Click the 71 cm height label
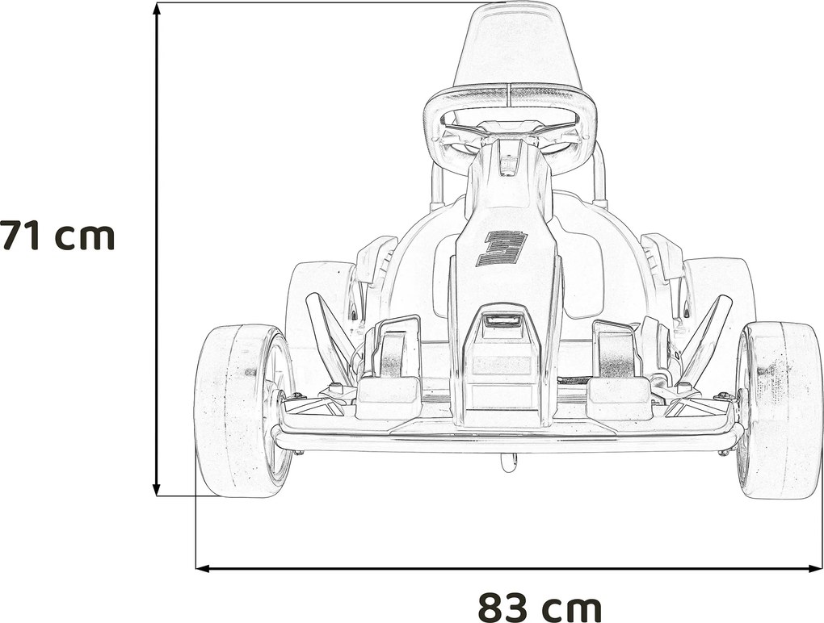click(x=57, y=235)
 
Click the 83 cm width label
click(x=540, y=607)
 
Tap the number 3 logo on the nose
click(x=502, y=249)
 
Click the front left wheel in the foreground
click(x=243, y=411)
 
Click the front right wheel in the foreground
click(x=780, y=411)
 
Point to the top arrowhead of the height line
click(x=156, y=9)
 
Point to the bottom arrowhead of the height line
click(x=156, y=488)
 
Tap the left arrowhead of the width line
click(x=203, y=568)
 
